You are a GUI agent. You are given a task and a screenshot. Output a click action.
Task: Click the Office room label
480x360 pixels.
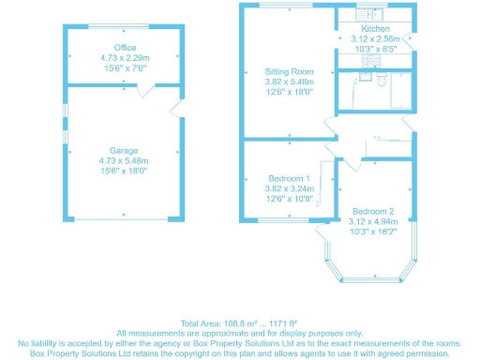point(125,47)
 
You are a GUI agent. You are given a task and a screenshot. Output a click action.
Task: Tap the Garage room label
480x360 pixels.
point(125,150)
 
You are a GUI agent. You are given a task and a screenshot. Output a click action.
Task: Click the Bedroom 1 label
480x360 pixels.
point(289,178)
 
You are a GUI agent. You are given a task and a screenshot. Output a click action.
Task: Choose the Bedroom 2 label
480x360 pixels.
point(372,211)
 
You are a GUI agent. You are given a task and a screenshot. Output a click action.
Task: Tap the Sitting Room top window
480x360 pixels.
point(288,7)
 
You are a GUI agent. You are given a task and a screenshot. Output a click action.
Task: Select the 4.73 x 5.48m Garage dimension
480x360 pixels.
point(125,161)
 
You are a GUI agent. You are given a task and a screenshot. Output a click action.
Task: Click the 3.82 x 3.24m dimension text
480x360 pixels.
point(289,188)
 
